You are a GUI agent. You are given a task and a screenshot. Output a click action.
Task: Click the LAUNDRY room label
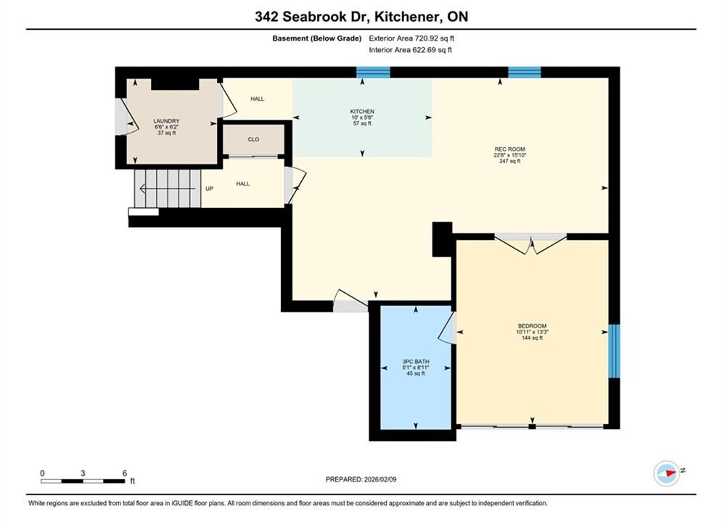click(166, 121)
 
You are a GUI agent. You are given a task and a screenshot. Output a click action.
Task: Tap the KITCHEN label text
click(362, 112)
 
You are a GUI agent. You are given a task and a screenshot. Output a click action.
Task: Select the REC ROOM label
click(509, 149)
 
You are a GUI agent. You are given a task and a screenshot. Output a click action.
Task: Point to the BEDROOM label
click(532, 326)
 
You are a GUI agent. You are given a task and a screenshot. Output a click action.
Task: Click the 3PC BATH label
click(416, 362)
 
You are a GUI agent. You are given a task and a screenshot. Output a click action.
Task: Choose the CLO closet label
click(253, 139)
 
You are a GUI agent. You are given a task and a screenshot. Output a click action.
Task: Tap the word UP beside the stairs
click(210, 188)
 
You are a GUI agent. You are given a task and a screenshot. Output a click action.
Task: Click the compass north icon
click(667, 473)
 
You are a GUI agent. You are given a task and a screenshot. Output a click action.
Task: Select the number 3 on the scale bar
click(83, 473)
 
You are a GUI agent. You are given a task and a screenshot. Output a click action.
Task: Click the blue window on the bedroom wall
click(615, 351)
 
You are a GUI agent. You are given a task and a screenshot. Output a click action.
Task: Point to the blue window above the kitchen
click(374, 72)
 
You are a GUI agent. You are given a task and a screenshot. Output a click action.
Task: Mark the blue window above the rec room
click(525, 72)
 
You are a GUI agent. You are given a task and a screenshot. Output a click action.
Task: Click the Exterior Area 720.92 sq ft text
click(411, 38)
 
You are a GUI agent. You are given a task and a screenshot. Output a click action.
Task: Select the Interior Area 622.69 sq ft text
click(410, 50)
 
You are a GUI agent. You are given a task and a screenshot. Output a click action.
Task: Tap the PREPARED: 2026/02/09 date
click(361, 479)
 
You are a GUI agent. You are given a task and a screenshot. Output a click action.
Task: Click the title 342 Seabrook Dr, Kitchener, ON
click(361, 17)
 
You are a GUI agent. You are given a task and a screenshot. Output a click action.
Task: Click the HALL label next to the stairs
click(242, 183)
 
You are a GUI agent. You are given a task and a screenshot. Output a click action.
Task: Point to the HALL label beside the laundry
click(258, 99)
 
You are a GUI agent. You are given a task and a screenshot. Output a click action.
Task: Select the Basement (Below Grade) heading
click(317, 38)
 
